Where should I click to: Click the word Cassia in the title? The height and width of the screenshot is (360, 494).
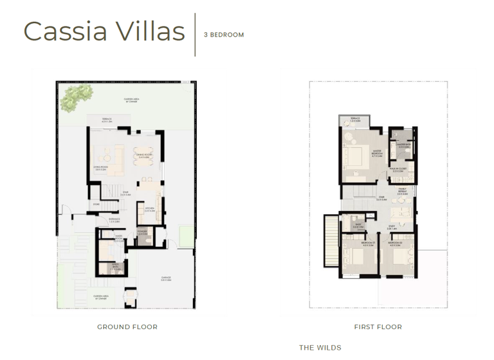(x=62, y=31)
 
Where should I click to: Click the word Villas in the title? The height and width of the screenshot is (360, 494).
(x=145, y=31)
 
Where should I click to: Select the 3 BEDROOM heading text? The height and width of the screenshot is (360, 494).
(x=224, y=35)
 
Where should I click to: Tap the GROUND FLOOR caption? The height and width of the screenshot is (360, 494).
(x=127, y=327)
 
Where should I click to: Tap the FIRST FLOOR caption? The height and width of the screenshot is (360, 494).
(x=378, y=327)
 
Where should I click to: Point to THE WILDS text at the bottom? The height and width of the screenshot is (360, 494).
(x=320, y=348)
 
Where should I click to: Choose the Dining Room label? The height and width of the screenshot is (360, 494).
(x=143, y=155)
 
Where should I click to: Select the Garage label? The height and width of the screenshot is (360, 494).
(x=165, y=279)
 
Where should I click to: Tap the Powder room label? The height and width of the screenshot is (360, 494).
(x=142, y=233)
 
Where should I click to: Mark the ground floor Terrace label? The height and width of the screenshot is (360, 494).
(x=107, y=120)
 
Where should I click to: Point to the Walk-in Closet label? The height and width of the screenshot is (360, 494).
(x=397, y=170)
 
